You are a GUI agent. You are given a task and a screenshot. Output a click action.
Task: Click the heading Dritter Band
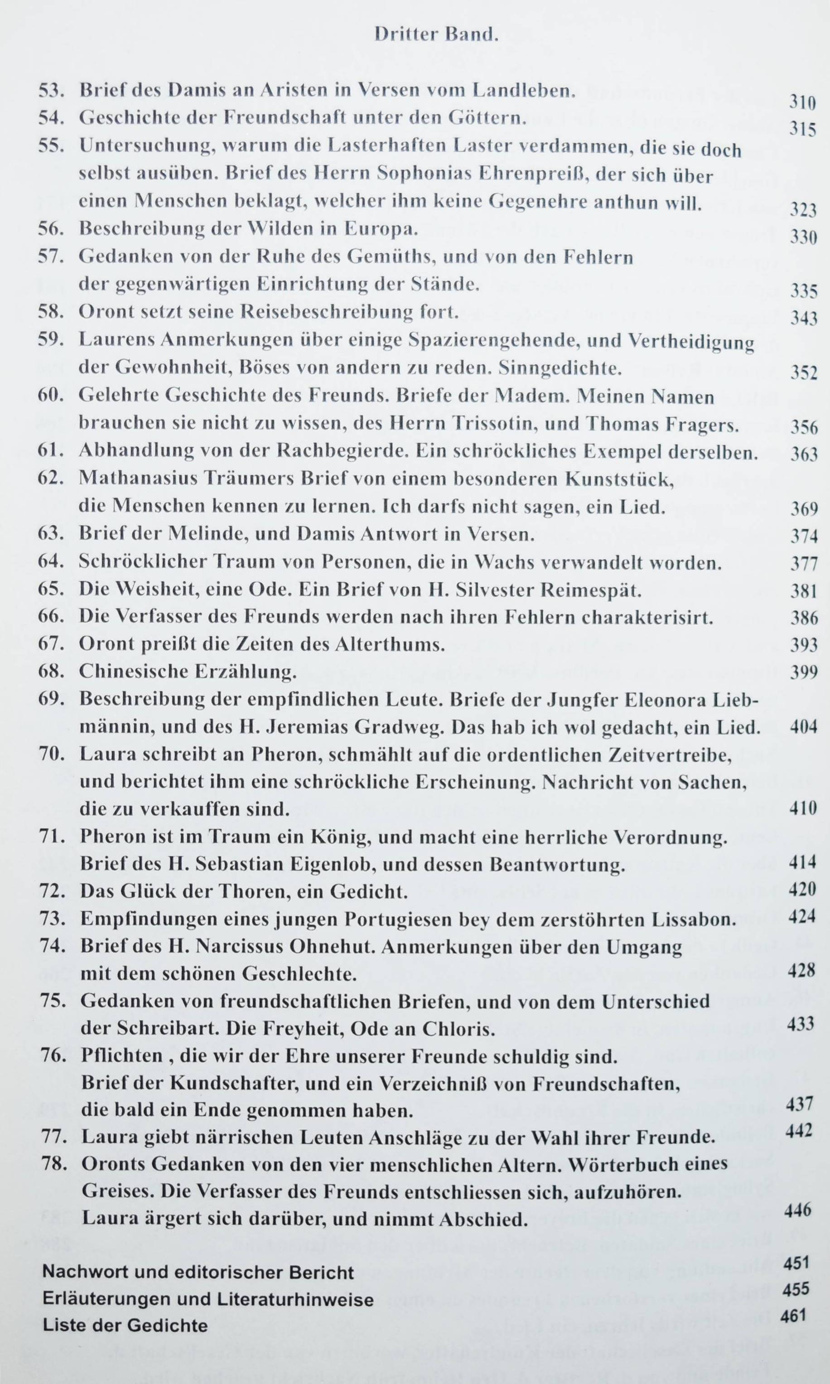pyautogui.click(x=436, y=35)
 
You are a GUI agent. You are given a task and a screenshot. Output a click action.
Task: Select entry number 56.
pyautogui.click(x=52, y=229)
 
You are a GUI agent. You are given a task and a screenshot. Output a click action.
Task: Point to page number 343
pyautogui.click(x=804, y=318)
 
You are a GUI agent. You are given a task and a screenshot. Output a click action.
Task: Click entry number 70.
pyautogui.click(x=53, y=754)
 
